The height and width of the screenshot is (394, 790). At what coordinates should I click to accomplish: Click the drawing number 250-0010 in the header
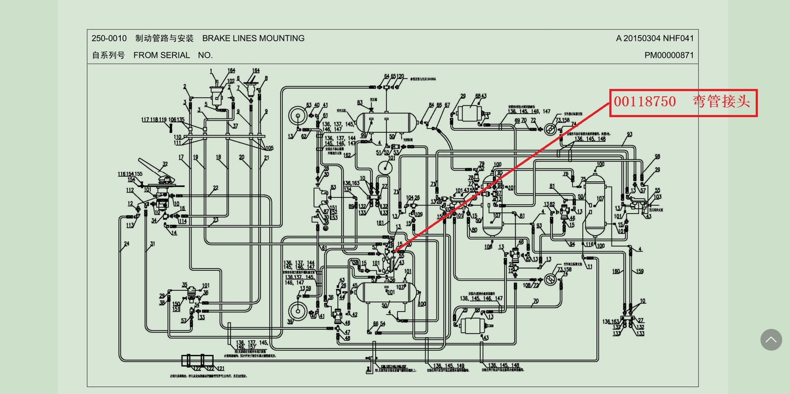[109, 38]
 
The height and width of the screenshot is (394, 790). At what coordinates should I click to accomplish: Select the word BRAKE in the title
[216, 38]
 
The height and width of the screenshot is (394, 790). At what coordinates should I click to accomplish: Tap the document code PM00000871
[669, 55]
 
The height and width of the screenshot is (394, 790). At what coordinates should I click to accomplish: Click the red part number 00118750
[645, 102]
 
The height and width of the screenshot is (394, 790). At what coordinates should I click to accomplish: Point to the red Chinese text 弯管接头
[721, 102]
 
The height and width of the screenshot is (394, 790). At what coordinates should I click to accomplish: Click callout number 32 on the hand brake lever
[165, 164]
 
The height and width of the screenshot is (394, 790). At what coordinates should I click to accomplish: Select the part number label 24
[126, 244]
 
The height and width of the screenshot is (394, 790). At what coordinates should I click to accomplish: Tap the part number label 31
[152, 244]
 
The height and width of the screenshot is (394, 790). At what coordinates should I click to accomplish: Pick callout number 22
[215, 188]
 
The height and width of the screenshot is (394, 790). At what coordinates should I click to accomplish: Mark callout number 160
[616, 272]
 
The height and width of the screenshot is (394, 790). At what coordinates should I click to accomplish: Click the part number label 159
[640, 272]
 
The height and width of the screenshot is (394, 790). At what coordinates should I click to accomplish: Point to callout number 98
[657, 157]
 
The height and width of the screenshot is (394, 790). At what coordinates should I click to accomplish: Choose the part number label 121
[221, 368]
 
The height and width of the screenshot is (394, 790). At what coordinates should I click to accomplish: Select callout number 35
[185, 285]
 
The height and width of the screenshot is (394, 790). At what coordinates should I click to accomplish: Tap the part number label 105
[269, 148]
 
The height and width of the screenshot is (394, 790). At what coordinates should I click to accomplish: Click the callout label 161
[380, 223]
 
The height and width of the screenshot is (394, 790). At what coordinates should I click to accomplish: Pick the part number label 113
[130, 225]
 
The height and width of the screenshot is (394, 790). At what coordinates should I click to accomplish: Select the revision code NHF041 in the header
[680, 38]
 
